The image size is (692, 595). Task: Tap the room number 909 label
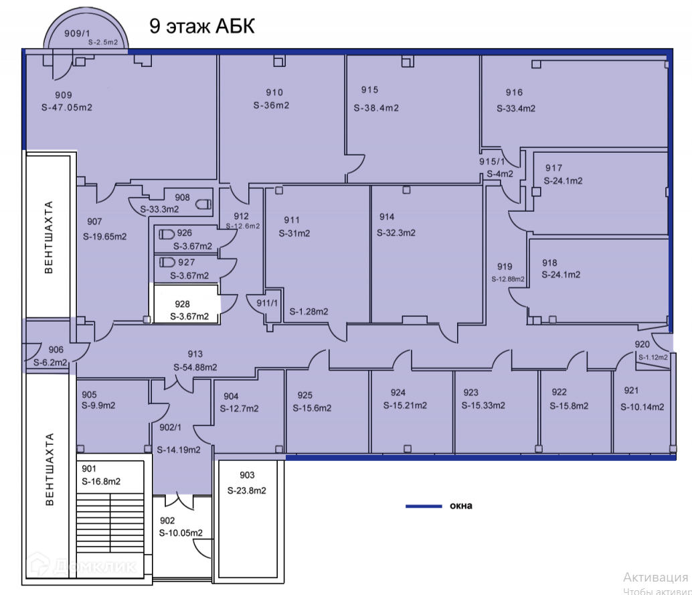tap(64, 95)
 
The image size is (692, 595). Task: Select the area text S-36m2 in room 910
tap(271, 105)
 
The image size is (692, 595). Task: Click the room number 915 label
tap(370, 90)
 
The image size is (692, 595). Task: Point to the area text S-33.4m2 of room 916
tap(516, 108)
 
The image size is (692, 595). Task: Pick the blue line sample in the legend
tap(424, 506)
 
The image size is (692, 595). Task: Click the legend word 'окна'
tap(460, 506)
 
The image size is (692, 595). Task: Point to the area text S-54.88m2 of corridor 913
tap(195, 367)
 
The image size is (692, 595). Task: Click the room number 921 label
tap(632, 391)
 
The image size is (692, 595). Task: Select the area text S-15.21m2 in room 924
tap(406, 405)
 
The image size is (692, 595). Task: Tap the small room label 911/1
tap(268, 303)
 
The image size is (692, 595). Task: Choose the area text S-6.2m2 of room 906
tap(51, 362)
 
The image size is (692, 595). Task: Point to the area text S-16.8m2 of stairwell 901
tap(101, 480)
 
